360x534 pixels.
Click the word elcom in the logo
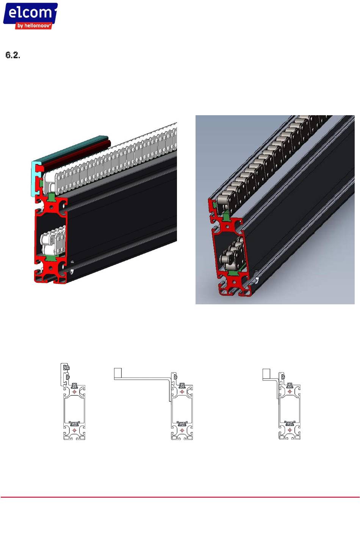pyautogui.click(x=30, y=13)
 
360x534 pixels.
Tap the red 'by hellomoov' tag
pyautogui.click(x=34, y=26)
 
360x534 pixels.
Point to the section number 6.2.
pyautogui.click(x=13, y=55)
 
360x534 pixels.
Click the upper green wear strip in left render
pyautogui.click(x=51, y=197)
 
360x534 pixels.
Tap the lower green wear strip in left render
pyautogui.click(x=50, y=258)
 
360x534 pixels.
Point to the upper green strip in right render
pyautogui.click(x=226, y=217)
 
